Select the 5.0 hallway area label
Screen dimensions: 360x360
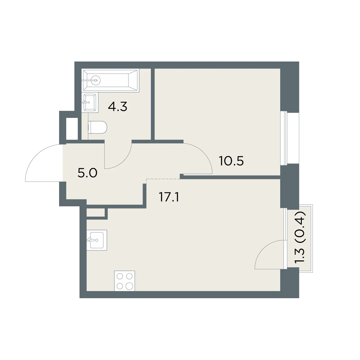pyautogui.click(x=87, y=173)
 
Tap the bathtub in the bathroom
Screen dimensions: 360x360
pyautogui.click(x=110, y=80)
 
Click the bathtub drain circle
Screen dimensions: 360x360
pyautogui.click(x=96, y=80)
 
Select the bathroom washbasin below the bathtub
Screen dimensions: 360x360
pyautogui.click(x=90, y=103)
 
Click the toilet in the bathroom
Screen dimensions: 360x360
pyautogui.click(x=97, y=127)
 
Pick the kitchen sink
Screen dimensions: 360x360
pyautogui.click(x=97, y=240)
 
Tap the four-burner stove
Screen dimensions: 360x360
pyautogui.click(x=124, y=281)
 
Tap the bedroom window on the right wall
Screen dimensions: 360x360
pyautogui.click(x=290, y=138)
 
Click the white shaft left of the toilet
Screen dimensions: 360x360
pyautogui.click(x=72, y=129)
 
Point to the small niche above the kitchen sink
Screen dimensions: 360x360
pyautogui.click(x=95, y=212)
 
